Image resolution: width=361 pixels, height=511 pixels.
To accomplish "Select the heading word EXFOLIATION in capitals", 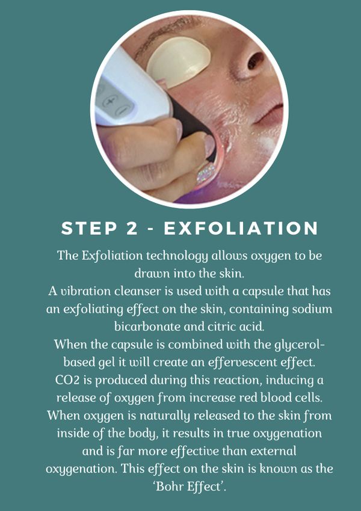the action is [241, 228].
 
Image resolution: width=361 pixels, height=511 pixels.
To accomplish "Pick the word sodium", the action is [313, 309].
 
